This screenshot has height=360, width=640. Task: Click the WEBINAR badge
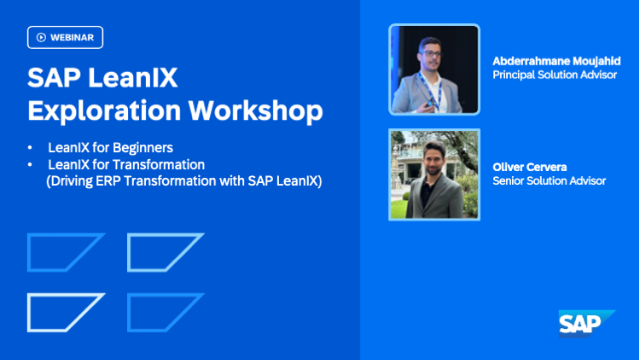(65, 37)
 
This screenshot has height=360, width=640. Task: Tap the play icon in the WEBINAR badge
(41, 37)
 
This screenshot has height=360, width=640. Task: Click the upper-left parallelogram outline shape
(65, 252)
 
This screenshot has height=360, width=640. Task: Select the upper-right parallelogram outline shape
(165, 252)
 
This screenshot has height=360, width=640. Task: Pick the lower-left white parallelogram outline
(65, 312)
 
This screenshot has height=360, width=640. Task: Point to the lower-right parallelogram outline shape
(165, 312)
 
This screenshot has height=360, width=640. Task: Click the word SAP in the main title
(51, 78)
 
